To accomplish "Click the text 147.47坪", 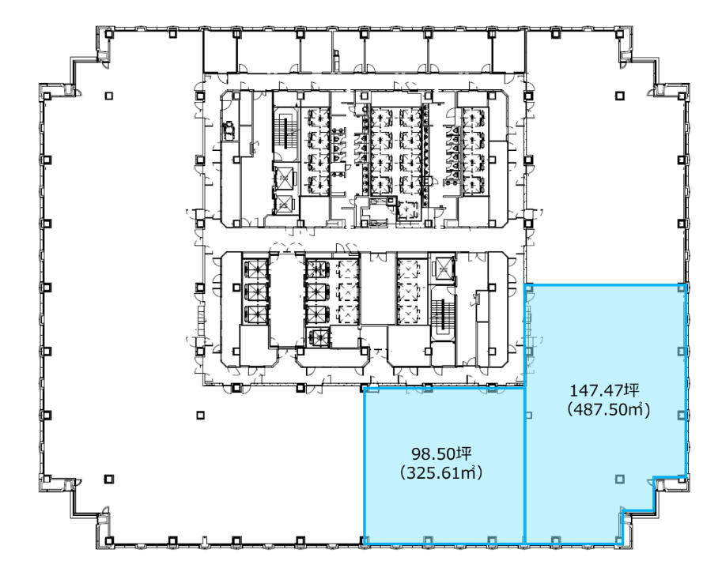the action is tap(604, 390).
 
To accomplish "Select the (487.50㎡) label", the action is tap(608, 409).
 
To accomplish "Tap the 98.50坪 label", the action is tap(441, 453).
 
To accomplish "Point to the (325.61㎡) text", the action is tap(441, 472).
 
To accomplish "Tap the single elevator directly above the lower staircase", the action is tap(443, 269).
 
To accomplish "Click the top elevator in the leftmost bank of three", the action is tap(256, 270).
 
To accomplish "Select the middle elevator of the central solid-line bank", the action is tap(316, 292).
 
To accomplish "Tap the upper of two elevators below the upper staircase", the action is tap(284, 179).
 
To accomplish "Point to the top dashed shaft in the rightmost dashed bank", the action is tap(412, 269).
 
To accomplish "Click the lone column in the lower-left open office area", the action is tap(200, 416).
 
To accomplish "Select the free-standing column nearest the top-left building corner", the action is tap(108, 96).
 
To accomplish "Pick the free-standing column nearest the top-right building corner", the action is tap(620, 96).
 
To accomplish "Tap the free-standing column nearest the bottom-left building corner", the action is tap(108, 479).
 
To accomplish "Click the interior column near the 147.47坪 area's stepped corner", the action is tap(620, 480).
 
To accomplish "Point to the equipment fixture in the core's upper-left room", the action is tap(229, 130).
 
